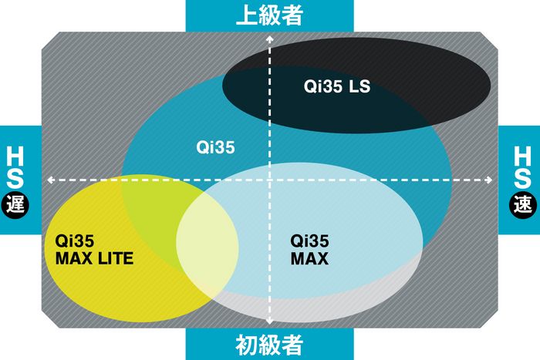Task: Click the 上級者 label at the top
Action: (269, 15)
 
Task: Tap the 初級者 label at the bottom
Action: (269, 345)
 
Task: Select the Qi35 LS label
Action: (337, 86)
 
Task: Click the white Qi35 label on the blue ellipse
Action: (215, 147)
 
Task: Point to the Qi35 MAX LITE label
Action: (94, 250)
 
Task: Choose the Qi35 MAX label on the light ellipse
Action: (309, 250)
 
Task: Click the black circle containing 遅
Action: (15, 205)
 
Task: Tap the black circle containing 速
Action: (523, 205)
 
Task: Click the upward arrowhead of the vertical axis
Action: (270, 39)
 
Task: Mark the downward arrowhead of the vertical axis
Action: (270, 321)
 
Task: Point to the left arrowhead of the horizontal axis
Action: (51, 180)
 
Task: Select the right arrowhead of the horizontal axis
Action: (488, 180)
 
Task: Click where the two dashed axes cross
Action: (270, 180)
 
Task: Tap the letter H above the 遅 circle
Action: (15, 156)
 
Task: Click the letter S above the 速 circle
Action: (522, 178)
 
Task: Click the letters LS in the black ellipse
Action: (359, 86)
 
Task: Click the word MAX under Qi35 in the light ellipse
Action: (309, 258)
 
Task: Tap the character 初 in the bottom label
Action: (246, 345)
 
